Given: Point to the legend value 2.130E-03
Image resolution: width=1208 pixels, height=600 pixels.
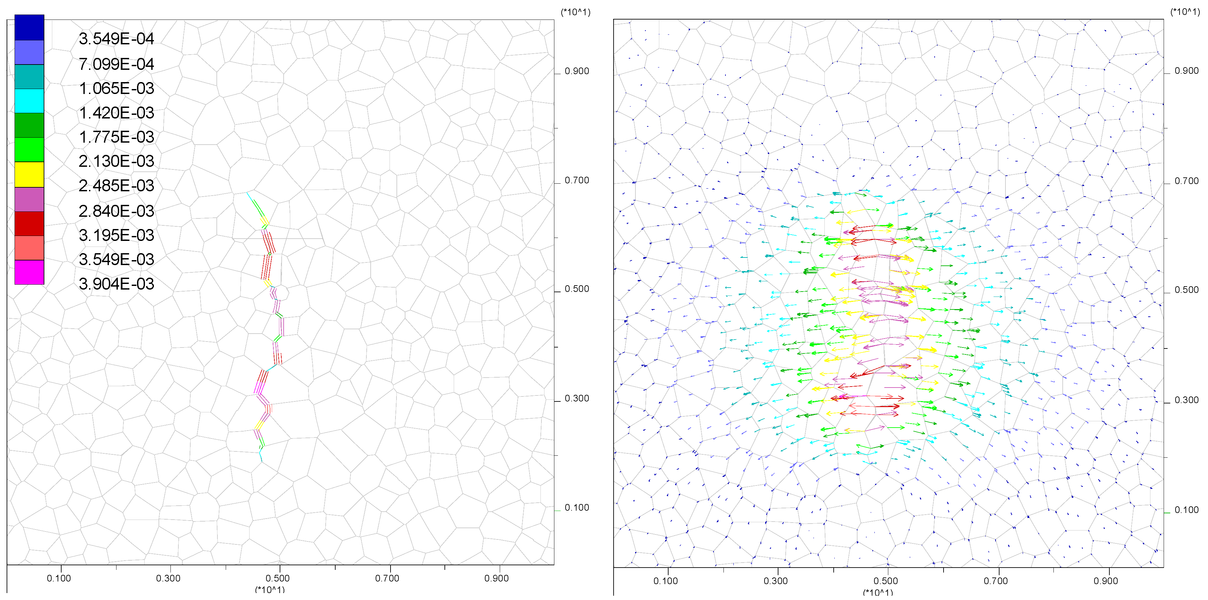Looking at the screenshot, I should [116, 161].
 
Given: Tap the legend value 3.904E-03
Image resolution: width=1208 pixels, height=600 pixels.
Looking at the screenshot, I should [116, 284].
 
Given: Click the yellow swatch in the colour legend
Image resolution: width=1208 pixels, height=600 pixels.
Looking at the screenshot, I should [29, 174].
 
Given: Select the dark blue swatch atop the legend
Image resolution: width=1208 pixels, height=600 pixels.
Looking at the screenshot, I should [29, 27].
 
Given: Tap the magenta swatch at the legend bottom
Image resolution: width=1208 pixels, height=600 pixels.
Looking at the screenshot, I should [29, 272].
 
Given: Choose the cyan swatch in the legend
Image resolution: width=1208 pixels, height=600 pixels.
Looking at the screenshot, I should [29, 101].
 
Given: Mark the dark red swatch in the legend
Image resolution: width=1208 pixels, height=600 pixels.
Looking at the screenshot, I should [29, 224].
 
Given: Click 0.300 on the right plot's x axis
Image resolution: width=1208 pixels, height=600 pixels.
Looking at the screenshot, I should [776, 581].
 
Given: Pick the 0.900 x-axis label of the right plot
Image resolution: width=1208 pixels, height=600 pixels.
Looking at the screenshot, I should [1106, 581].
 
